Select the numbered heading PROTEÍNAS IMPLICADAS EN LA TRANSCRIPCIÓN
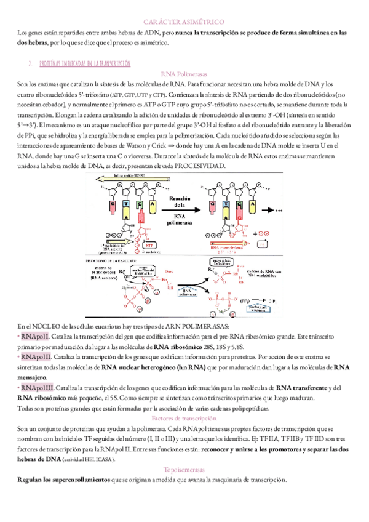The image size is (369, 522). [x=84, y=63]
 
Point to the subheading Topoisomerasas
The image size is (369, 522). [x=184, y=469]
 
